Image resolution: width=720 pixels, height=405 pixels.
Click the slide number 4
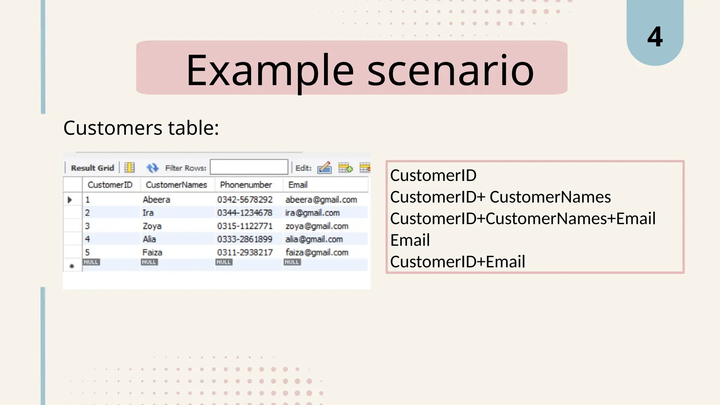coord(655,37)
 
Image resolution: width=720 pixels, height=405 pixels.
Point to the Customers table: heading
coord(141,128)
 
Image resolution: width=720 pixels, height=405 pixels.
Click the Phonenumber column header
coord(246,185)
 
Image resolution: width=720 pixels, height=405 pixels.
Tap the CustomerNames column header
coord(176,185)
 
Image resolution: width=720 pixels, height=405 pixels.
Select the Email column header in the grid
coord(298,185)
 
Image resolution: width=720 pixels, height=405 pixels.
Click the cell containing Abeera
coord(156,200)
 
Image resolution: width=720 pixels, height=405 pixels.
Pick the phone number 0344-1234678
coord(245,213)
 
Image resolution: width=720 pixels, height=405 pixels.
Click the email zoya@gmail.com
coord(317,226)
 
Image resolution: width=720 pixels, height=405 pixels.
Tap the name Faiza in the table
coord(152,252)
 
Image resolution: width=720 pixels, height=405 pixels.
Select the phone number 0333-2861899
coord(245,239)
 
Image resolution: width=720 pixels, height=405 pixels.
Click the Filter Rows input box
coord(249,167)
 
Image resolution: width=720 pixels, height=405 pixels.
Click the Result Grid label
coord(92,168)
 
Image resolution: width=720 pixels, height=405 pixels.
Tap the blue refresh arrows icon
coord(152,168)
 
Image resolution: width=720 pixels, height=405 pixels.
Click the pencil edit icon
coord(324,168)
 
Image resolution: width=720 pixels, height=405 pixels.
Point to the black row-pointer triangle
coord(70,200)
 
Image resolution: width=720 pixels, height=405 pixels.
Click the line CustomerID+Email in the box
coord(457,262)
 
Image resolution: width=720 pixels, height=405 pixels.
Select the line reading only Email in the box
coord(410,240)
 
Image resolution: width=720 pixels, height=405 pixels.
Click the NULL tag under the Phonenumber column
coord(224,262)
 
